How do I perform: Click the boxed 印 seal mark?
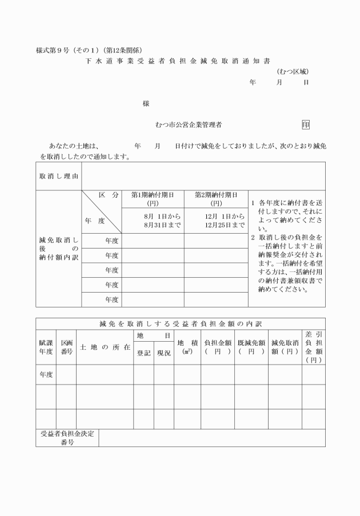(306, 124)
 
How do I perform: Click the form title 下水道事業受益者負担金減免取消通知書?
(178, 59)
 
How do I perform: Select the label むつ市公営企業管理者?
(189, 124)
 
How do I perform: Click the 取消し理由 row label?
(59, 176)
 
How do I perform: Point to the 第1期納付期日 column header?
(153, 199)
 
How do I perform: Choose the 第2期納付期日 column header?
(216, 199)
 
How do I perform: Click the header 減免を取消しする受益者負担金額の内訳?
(180, 324)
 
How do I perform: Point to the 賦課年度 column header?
(46, 347)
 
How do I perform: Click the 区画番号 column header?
(66, 347)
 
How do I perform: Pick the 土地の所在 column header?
(105, 347)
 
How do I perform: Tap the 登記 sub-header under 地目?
(143, 354)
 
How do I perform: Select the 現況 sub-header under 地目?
(164, 354)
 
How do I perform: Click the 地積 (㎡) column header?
(187, 347)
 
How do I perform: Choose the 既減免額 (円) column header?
(251, 347)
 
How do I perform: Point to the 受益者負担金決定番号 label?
(67, 438)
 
